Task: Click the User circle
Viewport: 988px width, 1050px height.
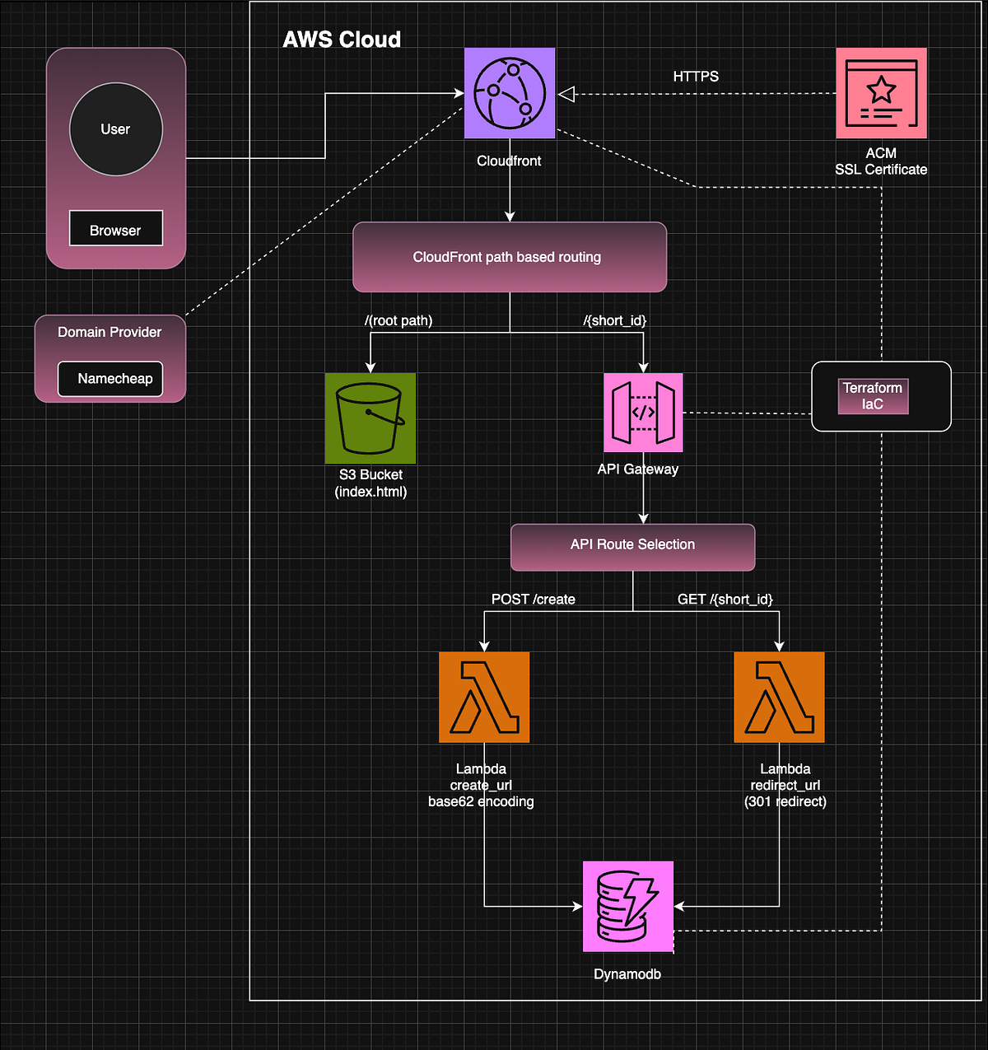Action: pos(115,129)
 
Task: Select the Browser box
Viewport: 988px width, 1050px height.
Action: pos(115,229)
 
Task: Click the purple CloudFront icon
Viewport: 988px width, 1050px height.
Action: pos(510,93)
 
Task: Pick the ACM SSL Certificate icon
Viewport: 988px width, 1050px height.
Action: pos(881,93)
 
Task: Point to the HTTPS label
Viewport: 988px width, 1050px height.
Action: pos(696,77)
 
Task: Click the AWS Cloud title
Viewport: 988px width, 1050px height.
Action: pos(342,40)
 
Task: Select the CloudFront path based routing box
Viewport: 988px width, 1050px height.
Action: pos(509,257)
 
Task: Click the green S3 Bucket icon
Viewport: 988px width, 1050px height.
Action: pos(370,418)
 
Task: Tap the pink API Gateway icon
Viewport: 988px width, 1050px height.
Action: pos(643,413)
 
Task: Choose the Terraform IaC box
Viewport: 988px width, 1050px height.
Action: pos(873,396)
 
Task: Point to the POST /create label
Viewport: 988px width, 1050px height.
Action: pos(533,600)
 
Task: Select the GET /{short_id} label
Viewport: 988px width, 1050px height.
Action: pos(725,600)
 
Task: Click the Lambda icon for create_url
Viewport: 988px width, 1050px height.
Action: pos(484,698)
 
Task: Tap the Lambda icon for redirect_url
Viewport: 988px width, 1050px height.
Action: pos(779,698)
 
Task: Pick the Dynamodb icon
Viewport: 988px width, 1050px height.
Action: pos(628,906)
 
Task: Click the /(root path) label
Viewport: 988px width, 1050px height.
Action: pos(398,320)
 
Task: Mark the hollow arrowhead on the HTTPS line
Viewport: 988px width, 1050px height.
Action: pos(566,95)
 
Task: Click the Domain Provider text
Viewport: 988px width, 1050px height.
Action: pos(110,333)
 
